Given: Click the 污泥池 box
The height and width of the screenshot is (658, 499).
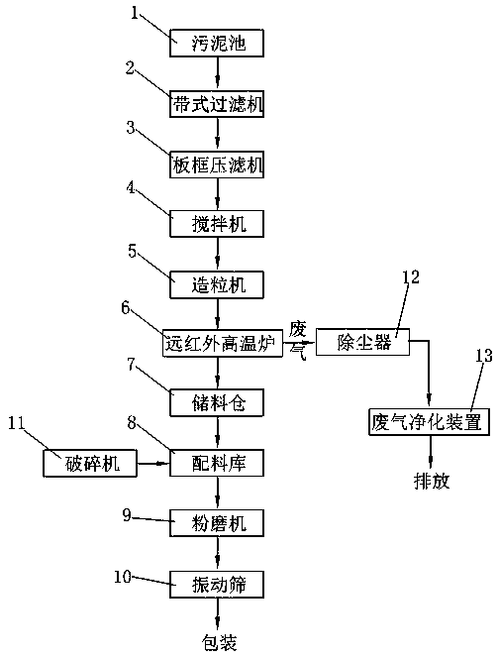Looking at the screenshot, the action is pyautogui.click(x=217, y=43).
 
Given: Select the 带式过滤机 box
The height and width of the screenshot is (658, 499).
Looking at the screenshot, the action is pyautogui.click(x=217, y=104).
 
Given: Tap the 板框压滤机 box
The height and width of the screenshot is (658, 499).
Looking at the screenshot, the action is pyautogui.click(x=217, y=164).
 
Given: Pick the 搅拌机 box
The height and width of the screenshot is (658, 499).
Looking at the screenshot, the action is pyautogui.click(x=217, y=224).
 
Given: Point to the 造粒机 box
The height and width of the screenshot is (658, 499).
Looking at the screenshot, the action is pyautogui.click(x=217, y=285).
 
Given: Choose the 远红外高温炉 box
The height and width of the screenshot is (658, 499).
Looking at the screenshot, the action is pyautogui.click(x=223, y=343).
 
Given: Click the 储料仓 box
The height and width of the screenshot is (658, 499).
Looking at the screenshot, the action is pyautogui.click(x=217, y=403).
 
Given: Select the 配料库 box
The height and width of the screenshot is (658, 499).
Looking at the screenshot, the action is pyautogui.click(x=217, y=463).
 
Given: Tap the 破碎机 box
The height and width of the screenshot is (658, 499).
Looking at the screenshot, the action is pyautogui.click(x=90, y=464).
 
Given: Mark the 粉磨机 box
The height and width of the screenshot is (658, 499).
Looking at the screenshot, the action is pyautogui.click(x=217, y=523).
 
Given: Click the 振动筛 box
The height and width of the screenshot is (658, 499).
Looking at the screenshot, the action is pyautogui.click(x=217, y=584).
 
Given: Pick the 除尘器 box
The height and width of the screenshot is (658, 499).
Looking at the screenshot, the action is pyautogui.click(x=362, y=342).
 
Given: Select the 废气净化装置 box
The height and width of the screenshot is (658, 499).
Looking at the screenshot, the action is pyautogui.click(x=429, y=422).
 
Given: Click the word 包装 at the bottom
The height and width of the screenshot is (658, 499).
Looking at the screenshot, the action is pyautogui.click(x=220, y=642).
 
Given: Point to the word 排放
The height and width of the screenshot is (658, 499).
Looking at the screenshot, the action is pyautogui.click(x=432, y=481).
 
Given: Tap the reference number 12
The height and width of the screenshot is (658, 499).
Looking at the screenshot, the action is pyautogui.click(x=411, y=276).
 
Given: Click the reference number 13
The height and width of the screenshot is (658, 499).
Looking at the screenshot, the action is pyautogui.click(x=483, y=356).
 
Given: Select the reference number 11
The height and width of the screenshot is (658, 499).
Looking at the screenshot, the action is pyautogui.click(x=17, y=423).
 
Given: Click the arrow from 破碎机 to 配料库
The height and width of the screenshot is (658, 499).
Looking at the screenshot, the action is pyautogui.click(x=153, y=464).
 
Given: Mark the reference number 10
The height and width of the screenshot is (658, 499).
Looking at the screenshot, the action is pyautogui.click(x=123, y=577).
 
